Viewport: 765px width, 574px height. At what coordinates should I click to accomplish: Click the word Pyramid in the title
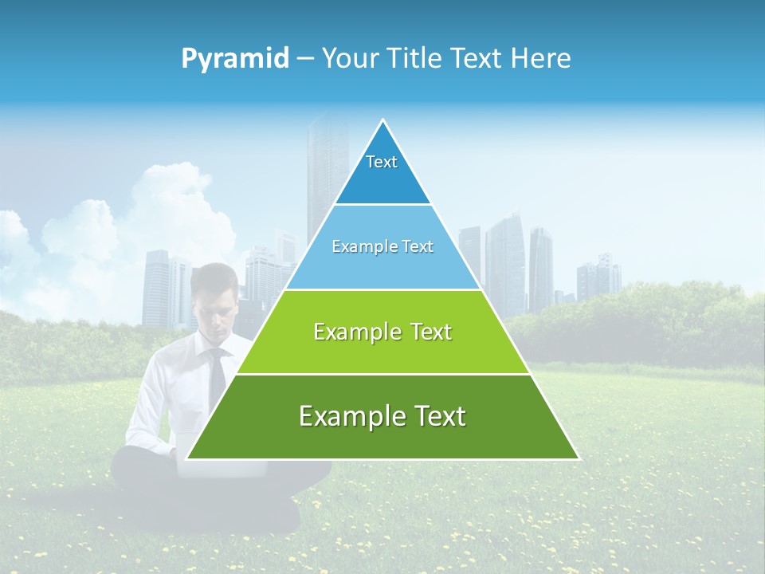(235, 59)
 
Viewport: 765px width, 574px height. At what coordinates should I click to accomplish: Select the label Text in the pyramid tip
(382, 162)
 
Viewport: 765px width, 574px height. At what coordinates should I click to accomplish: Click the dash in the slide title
(305, 59)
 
